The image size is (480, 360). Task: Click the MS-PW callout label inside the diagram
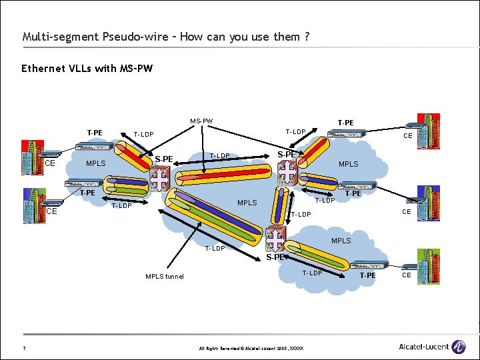(201, 121)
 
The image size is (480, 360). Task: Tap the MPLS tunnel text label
(165, 277)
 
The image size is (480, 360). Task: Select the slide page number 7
(24, 347)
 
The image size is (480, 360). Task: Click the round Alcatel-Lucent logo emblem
(459, 347)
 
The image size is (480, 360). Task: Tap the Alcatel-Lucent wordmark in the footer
(423, 347)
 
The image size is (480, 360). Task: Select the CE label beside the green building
(406, 275)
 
